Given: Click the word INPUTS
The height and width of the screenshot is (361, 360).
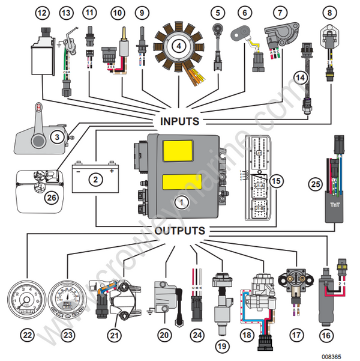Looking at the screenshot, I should point(179,121).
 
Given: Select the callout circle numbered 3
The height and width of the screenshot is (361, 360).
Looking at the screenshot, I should point(56,137).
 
